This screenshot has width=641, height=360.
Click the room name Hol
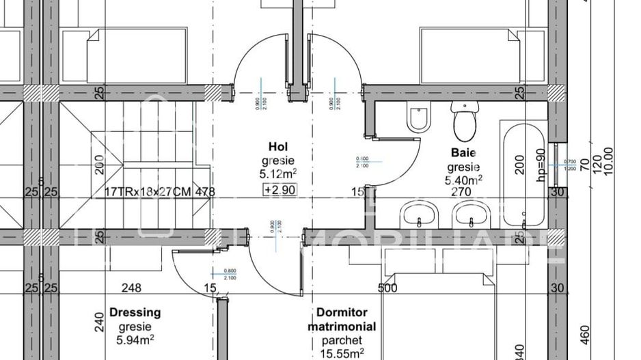tap(277, 147)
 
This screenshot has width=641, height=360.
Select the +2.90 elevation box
tap(280, 190)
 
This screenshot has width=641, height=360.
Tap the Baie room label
tap(463, 153)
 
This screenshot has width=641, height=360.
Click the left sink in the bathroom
tap(418, 216)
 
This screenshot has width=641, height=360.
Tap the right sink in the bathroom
tap(471, 216)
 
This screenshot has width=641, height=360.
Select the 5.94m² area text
tap(134, 339)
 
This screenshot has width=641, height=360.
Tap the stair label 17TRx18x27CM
tap(148, 192)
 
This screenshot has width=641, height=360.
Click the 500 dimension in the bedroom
tap(388, 288)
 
